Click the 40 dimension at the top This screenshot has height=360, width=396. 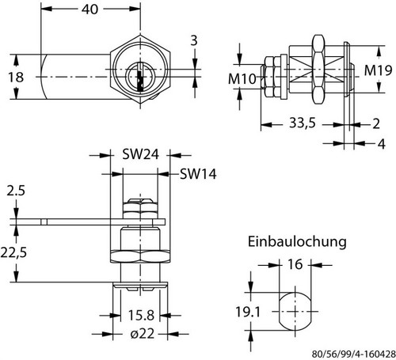tap(89, 9)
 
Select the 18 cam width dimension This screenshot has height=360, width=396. tap(16, 77)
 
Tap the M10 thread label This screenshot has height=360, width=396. tap(242, 78)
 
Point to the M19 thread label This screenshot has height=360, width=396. tap(378, 70)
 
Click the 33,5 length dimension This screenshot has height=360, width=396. tap(303, 123)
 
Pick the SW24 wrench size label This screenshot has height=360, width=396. tap(140, 154)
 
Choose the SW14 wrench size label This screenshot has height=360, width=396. tap(198, 174)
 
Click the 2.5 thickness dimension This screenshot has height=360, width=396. tap(16, 191)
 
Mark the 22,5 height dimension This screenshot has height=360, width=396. tap(13, 252)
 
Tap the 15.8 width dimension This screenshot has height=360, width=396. tap(141, 315)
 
